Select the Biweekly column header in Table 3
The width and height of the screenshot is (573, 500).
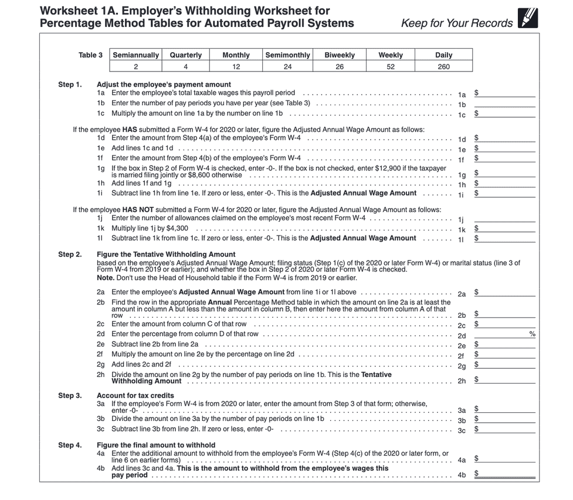(340, 55)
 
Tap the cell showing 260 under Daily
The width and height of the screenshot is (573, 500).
(443, 67)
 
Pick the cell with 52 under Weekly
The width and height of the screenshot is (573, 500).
(390, 67)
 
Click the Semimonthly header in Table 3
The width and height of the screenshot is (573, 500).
(287, 55)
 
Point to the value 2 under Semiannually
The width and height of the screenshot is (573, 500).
(135, 67)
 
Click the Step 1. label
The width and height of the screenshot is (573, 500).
(70, 85)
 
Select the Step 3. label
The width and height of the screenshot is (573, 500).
(70, 396)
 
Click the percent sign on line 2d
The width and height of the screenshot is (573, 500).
(533, 334)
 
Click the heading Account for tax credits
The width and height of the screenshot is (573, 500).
(135, 396)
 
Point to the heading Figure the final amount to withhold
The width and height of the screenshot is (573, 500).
(156, 445)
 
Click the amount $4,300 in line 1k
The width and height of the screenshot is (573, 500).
(177, 228)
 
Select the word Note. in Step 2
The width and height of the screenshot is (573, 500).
(105, 278)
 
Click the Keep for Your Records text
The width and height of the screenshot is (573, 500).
(456, 23)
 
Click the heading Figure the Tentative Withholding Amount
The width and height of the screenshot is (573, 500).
(166, 255)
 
